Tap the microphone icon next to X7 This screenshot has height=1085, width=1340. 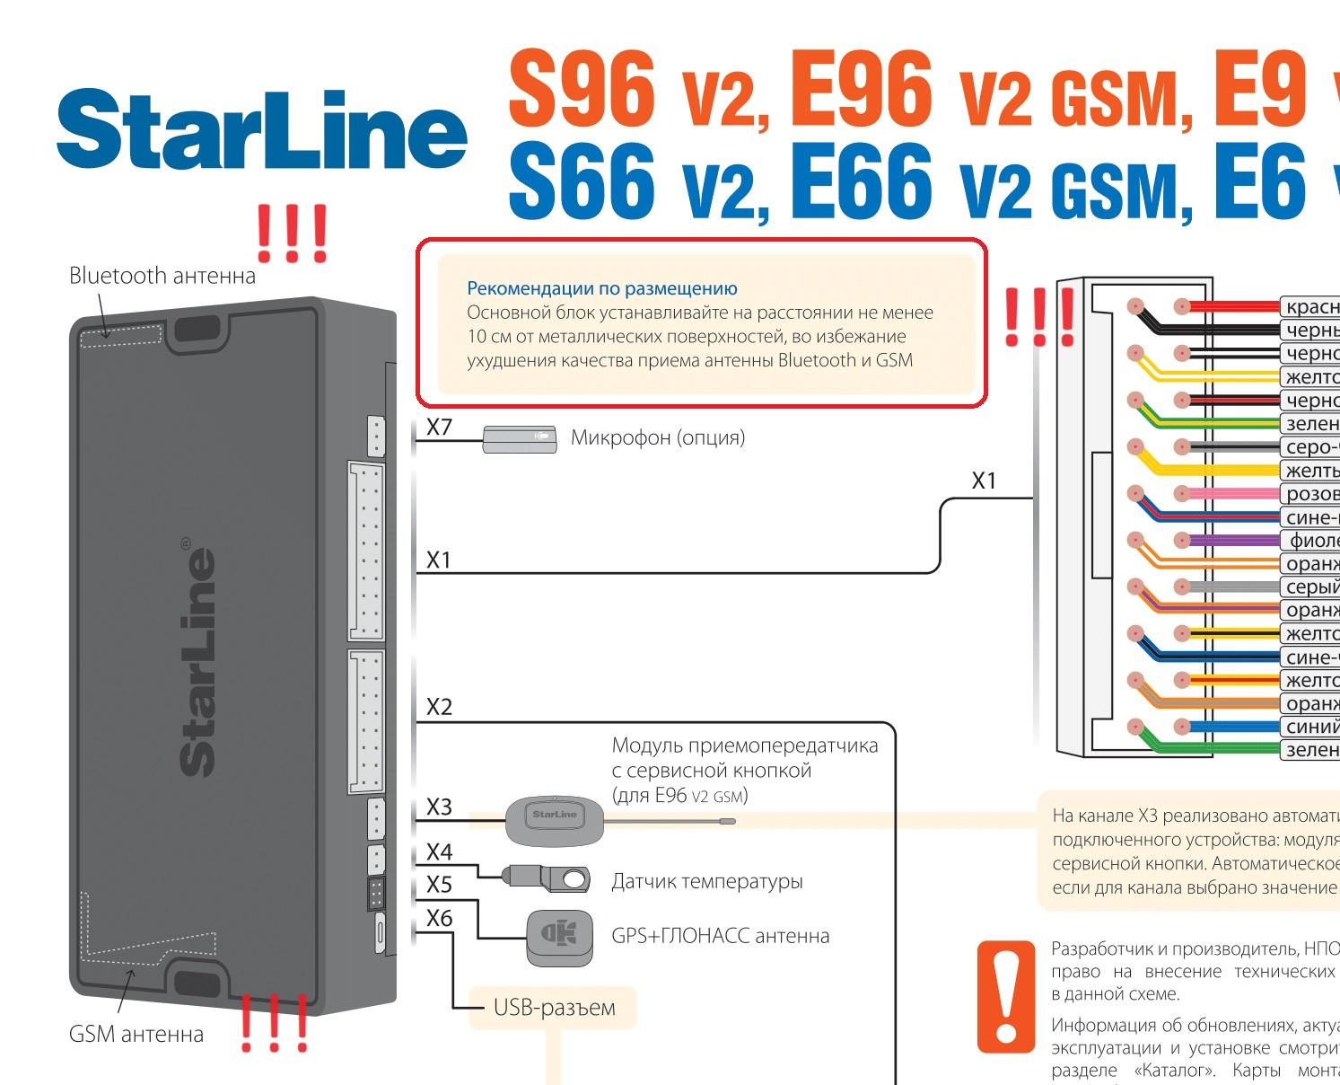(519, 439)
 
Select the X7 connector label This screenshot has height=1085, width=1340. (439, 427)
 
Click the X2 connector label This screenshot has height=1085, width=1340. (439, 707)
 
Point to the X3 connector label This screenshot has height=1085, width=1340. (439, 807)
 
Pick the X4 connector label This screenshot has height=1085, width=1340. (439, 851)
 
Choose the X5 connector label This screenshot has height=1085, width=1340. (439, 885)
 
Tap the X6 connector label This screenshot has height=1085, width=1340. (439, 918)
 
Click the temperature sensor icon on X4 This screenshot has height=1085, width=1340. (547, 878)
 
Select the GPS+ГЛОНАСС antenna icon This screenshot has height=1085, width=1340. (559, 937)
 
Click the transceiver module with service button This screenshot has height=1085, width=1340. (554, 818)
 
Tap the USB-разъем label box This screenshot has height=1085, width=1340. (554, 1007)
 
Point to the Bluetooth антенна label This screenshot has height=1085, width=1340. (162, 276)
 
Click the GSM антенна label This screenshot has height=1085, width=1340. (136, 1034)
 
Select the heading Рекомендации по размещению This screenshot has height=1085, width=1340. (601, 288)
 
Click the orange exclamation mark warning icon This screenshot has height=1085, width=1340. (1005, 996)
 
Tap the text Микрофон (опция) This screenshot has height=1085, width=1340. (657, 438)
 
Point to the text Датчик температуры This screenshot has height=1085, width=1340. (706, 881)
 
